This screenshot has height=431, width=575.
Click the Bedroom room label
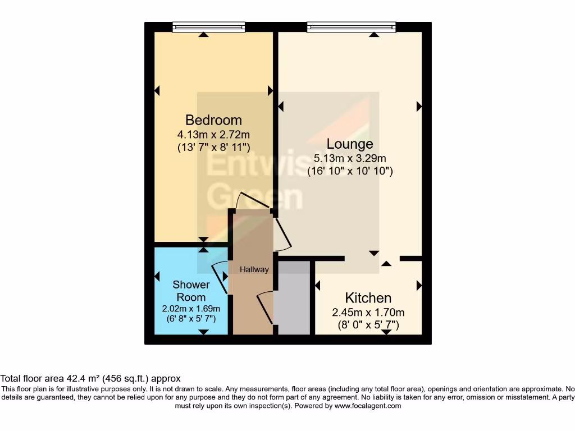pos(213,120)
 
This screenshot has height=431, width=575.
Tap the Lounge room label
pos(350,144)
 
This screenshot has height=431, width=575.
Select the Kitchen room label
pos(368,298)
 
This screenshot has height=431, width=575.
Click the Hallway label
pos(254,269)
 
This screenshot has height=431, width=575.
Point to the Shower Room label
pos(191,291)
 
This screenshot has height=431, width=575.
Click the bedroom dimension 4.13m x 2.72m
pos(213,135)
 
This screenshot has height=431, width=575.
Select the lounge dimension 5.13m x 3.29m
pos(350,159)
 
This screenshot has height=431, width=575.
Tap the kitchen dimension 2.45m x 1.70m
pos(368,313)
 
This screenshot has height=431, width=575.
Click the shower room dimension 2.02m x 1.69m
pos(191,309)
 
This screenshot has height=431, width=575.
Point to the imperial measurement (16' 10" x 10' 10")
pos(350,171)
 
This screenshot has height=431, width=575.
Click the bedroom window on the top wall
pos(208,27)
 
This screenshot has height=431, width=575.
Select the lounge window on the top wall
pos(351,27)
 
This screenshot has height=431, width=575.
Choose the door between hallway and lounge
pos(282,233)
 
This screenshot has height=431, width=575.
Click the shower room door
pos(220,277)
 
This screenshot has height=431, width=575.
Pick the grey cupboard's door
pos(265,308)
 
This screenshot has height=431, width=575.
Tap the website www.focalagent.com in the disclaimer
pos(368,406)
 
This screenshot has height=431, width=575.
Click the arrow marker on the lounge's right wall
pos(419,106)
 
